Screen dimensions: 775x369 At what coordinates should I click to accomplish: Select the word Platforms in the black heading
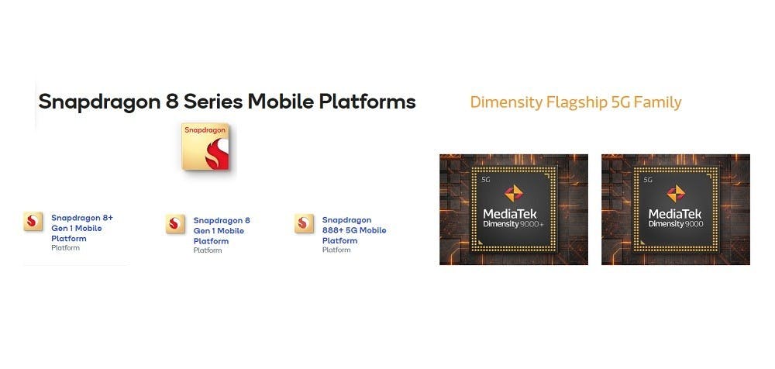(367, 102)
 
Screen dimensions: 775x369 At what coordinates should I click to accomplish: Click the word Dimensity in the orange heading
(506, 103)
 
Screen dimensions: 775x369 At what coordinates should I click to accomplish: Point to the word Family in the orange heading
(657, 103)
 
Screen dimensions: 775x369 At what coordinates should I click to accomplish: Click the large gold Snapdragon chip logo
(205, 147)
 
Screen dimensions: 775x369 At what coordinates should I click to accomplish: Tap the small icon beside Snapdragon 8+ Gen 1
(33, 222)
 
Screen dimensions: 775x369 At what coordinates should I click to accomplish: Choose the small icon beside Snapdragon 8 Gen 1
(175, 224)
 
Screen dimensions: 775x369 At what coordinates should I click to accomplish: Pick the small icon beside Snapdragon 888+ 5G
(304, 223)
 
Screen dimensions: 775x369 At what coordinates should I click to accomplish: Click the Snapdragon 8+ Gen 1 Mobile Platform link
(82, 228)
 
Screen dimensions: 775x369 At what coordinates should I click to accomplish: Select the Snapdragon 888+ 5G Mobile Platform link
(354, 230)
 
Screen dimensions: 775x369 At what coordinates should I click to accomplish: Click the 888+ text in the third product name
(332, 230)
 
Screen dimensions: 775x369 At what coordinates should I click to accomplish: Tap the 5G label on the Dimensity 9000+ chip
(485, 180)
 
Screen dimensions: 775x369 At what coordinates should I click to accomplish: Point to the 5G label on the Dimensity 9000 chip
(647, 180)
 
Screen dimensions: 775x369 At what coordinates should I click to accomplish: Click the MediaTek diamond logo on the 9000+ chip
(514, 193)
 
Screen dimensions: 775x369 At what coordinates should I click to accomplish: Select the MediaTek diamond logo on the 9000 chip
(676, 193)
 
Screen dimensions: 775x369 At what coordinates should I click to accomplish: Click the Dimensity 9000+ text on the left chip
(514, 225)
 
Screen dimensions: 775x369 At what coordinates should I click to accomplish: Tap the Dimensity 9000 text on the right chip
(676, 225)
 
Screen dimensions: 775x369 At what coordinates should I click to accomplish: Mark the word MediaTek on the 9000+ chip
(510, 214)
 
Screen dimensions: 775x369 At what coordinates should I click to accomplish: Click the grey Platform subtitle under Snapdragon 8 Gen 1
(208, 250)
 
